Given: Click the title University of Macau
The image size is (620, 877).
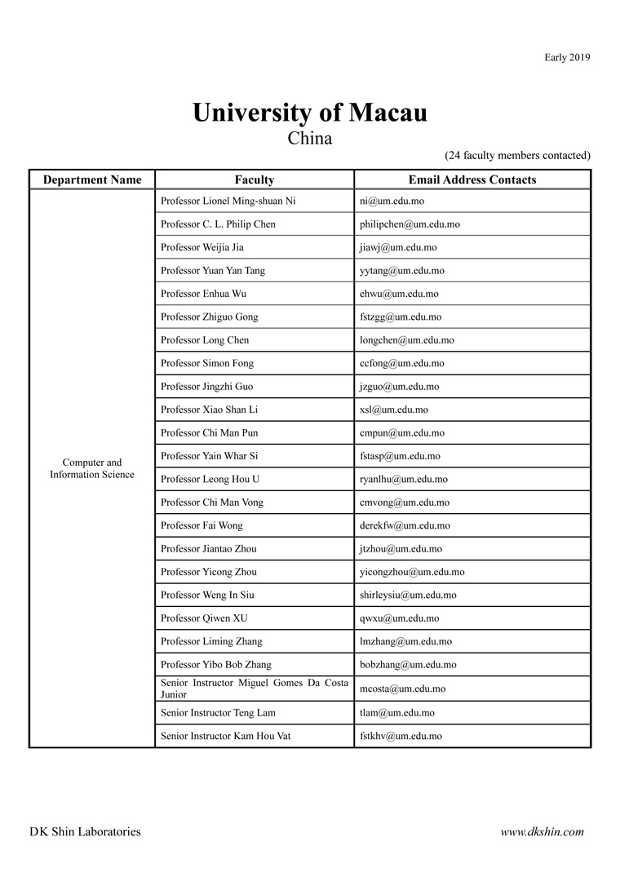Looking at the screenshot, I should (309, 113).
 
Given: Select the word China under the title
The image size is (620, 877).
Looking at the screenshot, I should (309, 139).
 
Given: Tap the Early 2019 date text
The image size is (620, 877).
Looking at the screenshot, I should (567, 57).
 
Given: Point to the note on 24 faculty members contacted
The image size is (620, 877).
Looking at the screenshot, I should (517, 155).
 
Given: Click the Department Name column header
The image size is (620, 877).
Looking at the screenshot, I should (92, 179).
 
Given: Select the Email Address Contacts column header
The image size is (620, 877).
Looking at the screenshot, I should (472, 179).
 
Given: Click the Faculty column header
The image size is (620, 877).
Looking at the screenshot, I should (255, 179).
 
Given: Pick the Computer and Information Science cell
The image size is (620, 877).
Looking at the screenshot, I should (92, 468).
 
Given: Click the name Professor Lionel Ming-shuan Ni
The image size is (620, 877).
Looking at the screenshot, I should (223, 201).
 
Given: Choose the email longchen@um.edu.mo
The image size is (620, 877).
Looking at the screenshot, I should (406, 340).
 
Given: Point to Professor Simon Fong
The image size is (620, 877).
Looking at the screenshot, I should (207, 363).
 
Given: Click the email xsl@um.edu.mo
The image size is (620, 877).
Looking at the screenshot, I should (393, 410).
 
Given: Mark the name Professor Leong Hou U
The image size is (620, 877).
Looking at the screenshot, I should (210, 479).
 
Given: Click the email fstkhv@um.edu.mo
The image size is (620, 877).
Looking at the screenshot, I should (401, 736).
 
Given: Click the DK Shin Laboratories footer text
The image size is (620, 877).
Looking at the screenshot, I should (85, 832).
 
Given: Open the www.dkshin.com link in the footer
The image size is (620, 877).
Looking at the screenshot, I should (542, 832).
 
